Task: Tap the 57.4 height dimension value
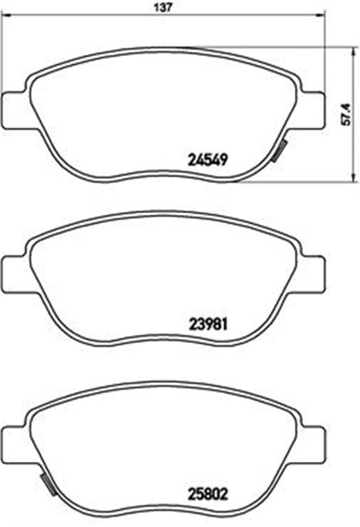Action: point(346,114)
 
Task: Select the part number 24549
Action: point(208,159)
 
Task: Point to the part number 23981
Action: point(208,324)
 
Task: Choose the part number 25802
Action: point(208,494)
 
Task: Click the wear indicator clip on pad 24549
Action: point(278,151)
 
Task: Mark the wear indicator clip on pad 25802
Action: point(48,485)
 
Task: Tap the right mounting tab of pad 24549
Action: point(312,110)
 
